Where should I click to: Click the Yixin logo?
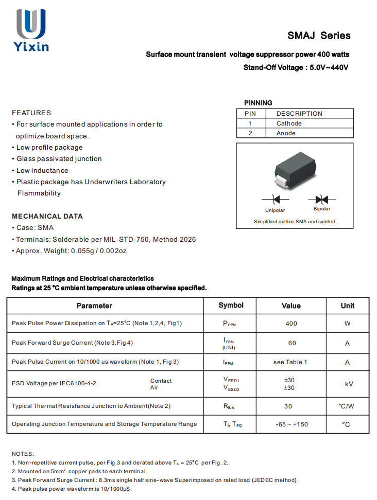click(31, 30)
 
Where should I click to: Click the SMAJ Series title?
click(319, 35)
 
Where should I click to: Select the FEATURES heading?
click(31, 113)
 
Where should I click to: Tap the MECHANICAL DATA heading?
click(47, 216)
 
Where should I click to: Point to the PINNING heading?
click(258, 103)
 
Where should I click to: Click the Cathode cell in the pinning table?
click(289, 123)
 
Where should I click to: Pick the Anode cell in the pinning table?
click(286, 133)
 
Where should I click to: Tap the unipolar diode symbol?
click(275, 199)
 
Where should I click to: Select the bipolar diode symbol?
click(322, 199)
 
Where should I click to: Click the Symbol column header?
click(231, 305)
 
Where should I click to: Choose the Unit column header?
click(348, 306)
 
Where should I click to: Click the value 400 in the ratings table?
click(291, 324)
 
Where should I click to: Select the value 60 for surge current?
click(292, 343)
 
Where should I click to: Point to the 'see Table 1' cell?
click(290, 362)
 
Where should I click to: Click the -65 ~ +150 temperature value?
click(292, 424)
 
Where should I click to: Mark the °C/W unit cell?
click(347, 406)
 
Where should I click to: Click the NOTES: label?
click(23, 454)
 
